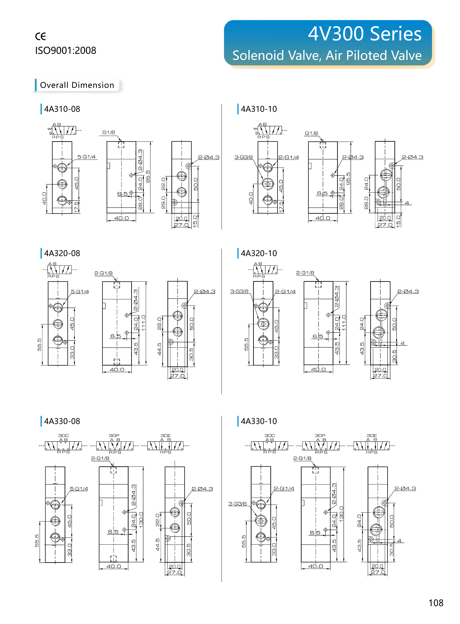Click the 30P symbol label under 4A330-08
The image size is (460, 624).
coord(114,435)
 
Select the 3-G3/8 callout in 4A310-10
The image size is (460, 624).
coord(243,157)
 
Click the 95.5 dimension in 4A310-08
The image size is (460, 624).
coord(148,176)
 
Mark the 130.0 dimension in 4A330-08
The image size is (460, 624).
coord(141,519)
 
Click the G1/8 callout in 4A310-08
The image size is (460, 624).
coord(109,132)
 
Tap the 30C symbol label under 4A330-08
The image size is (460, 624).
coord(64,435)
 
